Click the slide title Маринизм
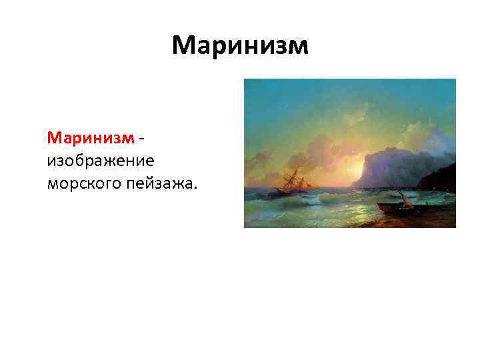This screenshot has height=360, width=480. [240, 45]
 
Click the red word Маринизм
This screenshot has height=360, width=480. [90, 138]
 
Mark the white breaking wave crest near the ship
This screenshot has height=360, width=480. [320, 197]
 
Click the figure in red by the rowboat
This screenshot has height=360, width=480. [402, 197]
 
